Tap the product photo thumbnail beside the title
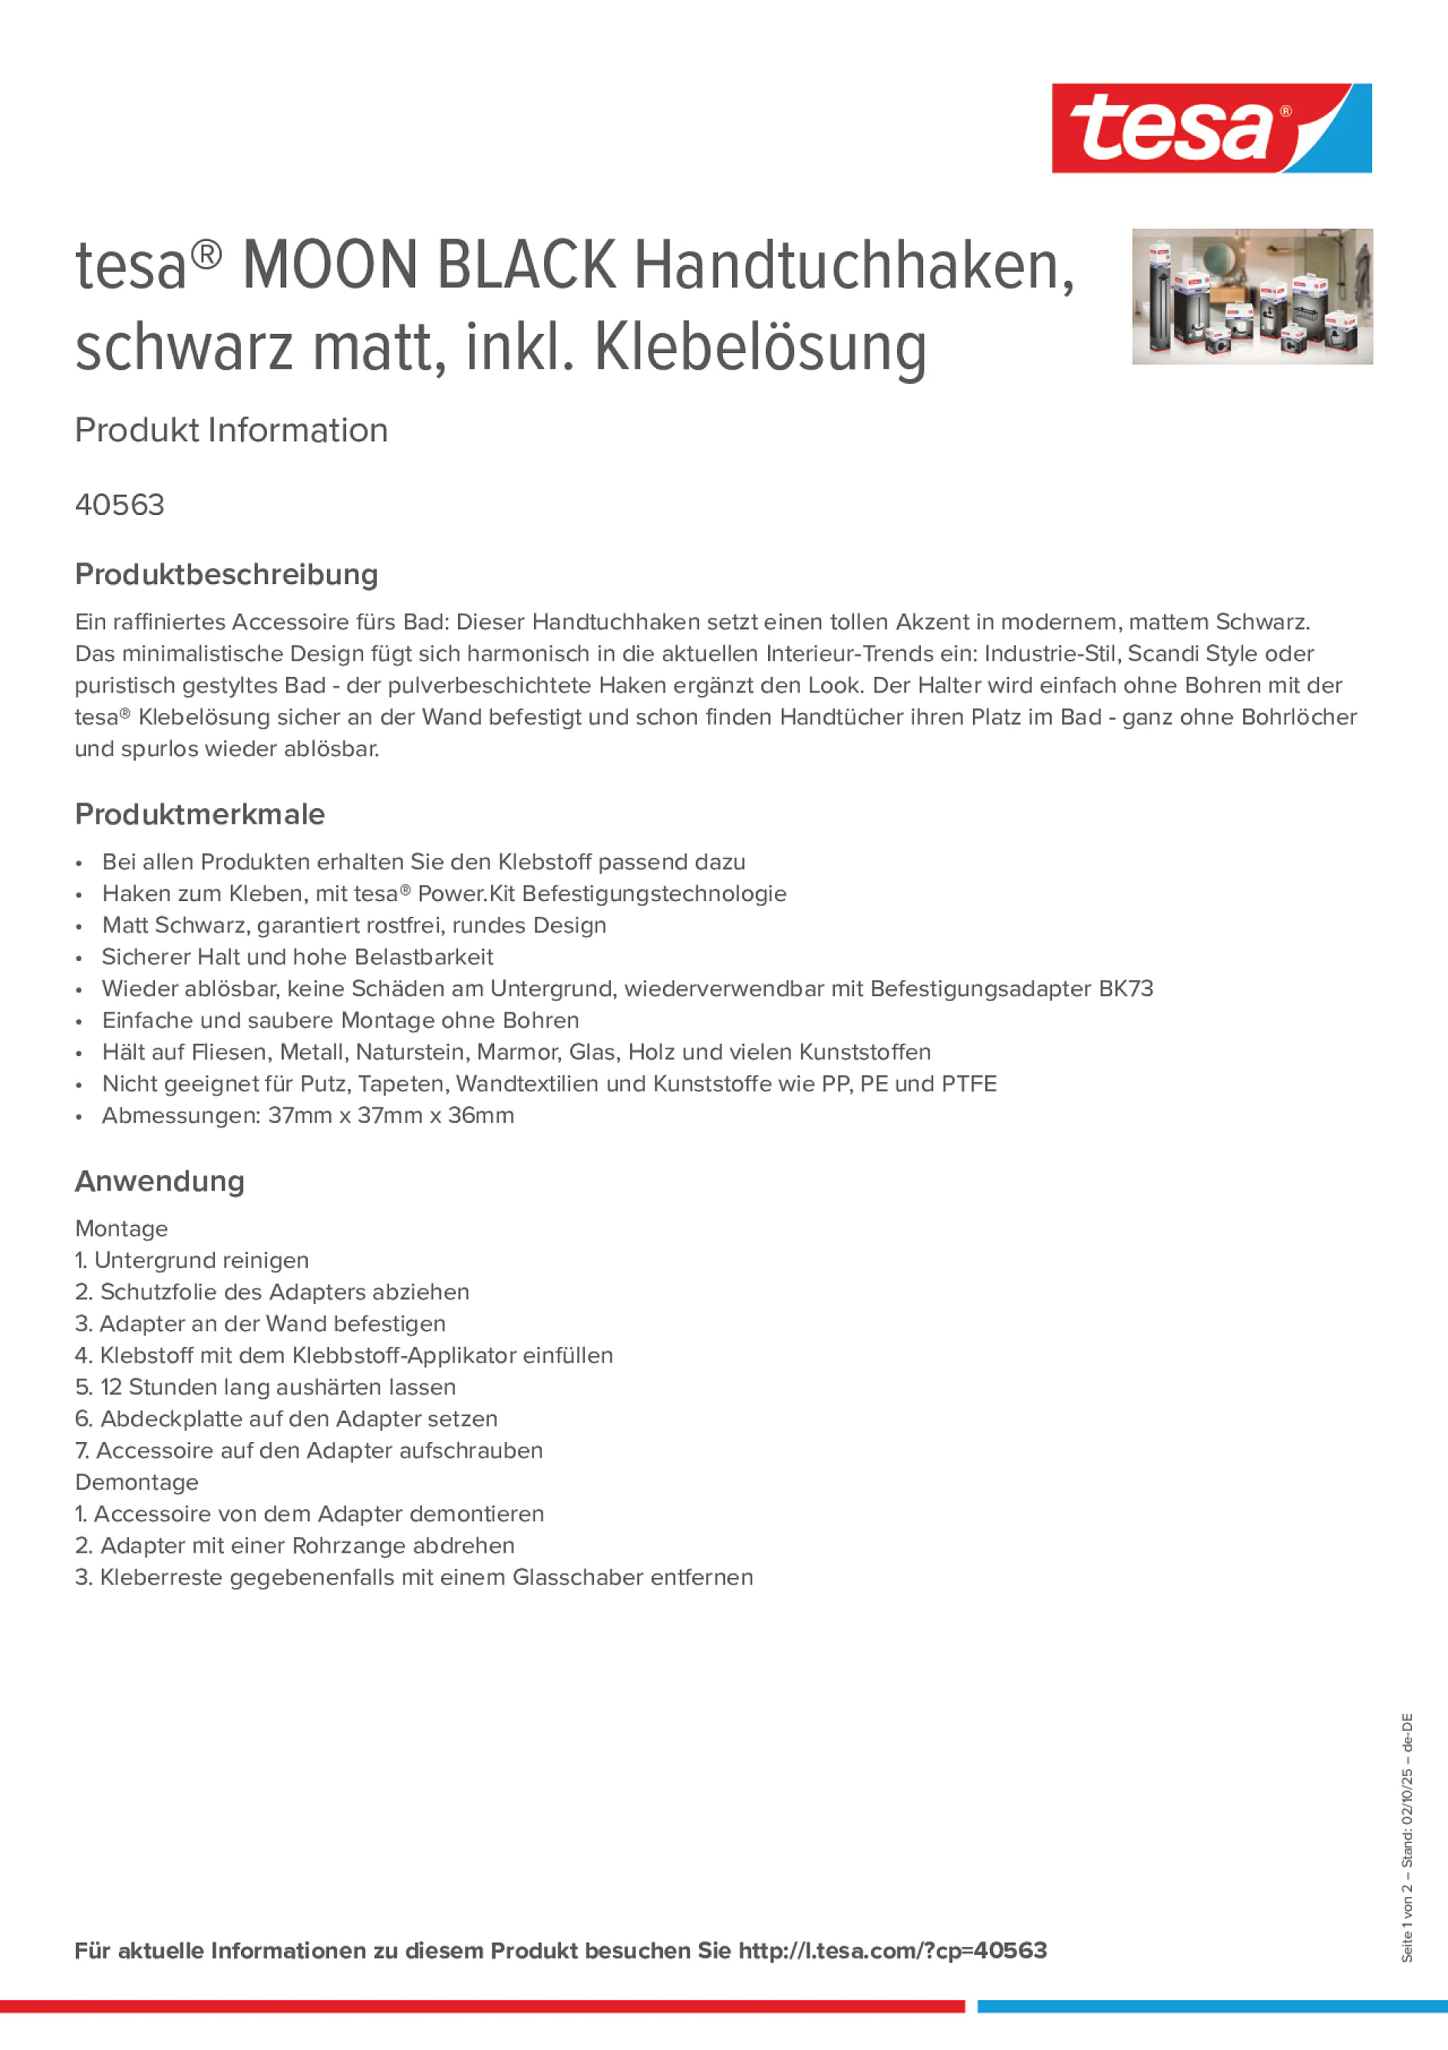pyautogui.click(x=1252, y=295)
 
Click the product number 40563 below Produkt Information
pyautogui.click(x=120, y=505)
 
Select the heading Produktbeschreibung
pyautogui.click(x=226, y=574)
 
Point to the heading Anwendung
pyautogui.click(x=159, y=1181)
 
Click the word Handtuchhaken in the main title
pyautogui.click(x=853, y=266)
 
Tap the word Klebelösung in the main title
pyautogui.click(x=760, y=348)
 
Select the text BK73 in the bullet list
pyautogui.click(x=1126, y=989)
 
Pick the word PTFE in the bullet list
pyautogui.click(x=968, y=1084)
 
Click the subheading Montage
pyautogui.click(x=121, y=1229)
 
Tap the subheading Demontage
pyautogui.click(x=137, y=1482)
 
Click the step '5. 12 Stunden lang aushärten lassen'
pyautogui.click(x=266, y=1387)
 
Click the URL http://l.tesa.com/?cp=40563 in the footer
pyautogui.click(x=892, y=1950)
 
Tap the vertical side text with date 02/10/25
pyautogui.click(x=1407, y=1837)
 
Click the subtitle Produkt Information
pyautogui.click(x=231, y=431)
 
